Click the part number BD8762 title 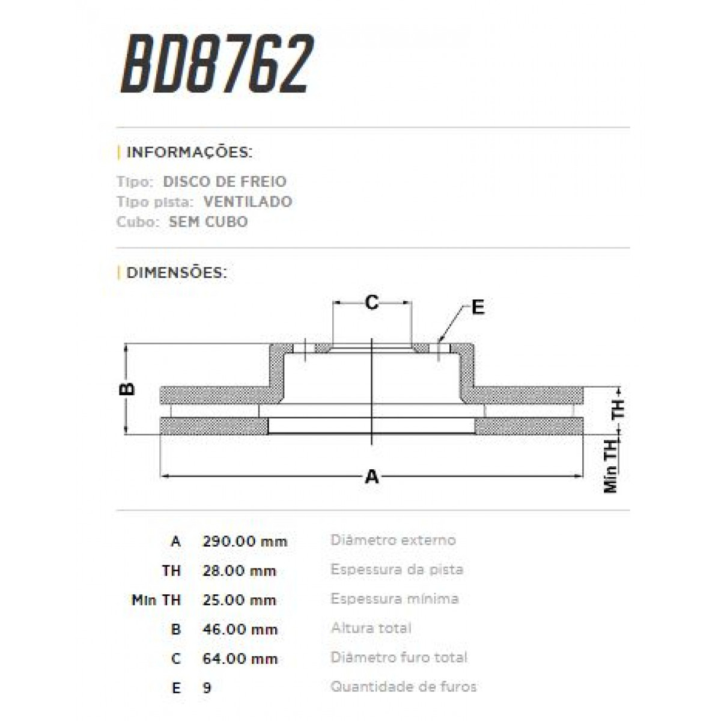(218, 65)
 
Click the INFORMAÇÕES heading (189, 152)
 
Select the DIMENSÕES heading (177, 273)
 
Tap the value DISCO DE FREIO (225, 181)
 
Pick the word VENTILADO (248, 202)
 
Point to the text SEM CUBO (208, 222)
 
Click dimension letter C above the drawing (372, 302)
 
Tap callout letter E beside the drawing (478, 308)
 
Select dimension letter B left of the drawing (127, 389)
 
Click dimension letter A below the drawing (372, 477)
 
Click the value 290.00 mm (245, 541)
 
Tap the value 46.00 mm (240, 629)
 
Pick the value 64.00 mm (240, 659)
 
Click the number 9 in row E (207, 687)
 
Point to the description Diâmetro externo (393, 540)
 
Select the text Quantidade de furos (403, 686)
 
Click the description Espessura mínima (394, 598)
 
